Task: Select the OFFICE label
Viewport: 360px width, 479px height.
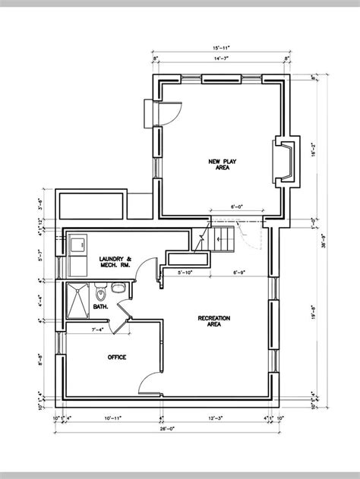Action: (116, 356)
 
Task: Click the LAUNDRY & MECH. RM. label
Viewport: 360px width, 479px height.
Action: (115, 263)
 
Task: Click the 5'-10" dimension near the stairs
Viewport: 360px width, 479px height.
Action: (186, 272)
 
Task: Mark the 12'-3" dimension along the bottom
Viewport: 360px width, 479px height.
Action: (215, 417)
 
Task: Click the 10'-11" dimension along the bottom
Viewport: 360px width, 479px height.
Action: (113, 417)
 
